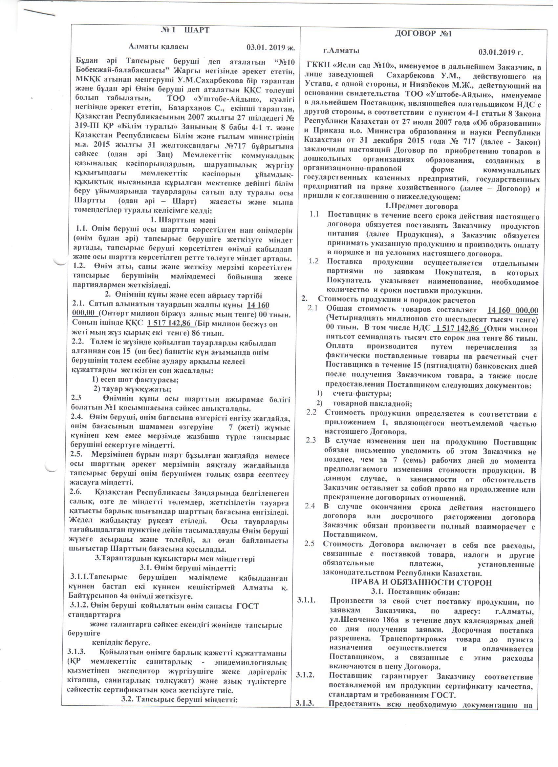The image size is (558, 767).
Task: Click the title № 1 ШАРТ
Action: (185, 30)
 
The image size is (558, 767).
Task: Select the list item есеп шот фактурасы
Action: (135, 380)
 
